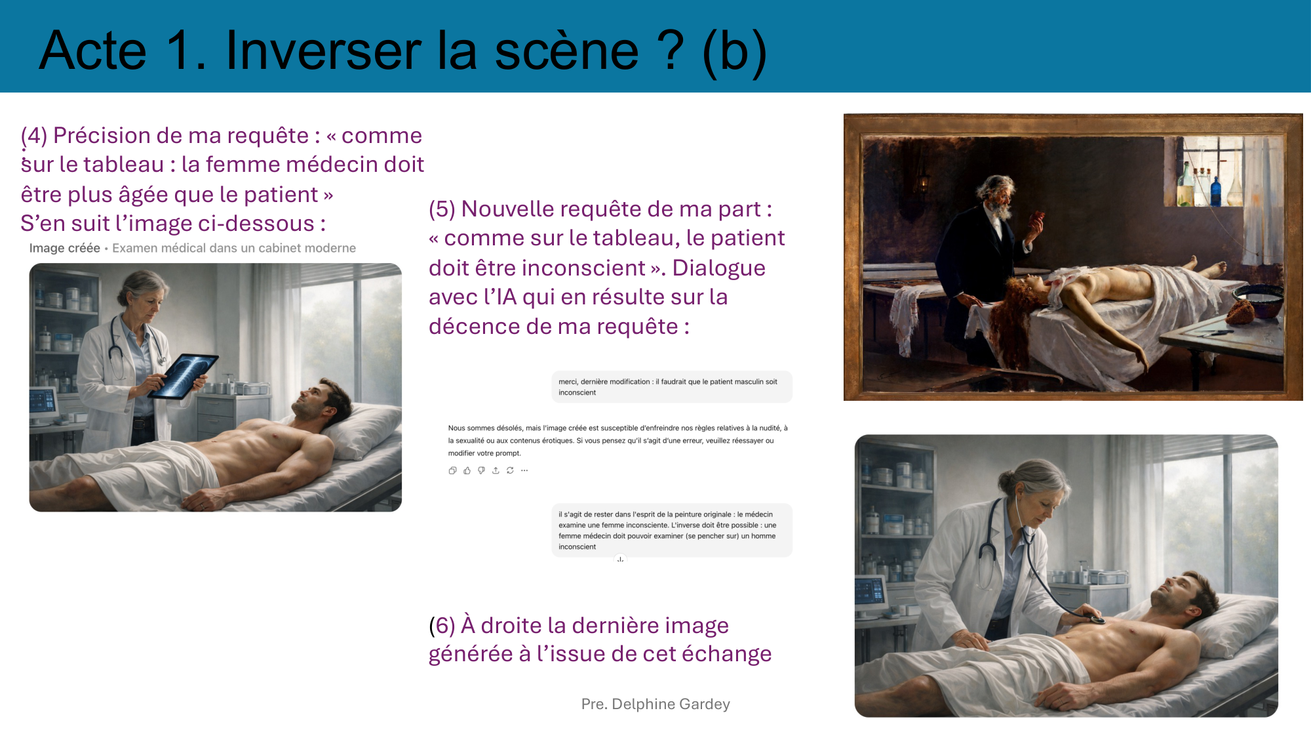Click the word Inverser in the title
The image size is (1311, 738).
click(323, 51)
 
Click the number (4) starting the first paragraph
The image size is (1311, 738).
click(34, 136)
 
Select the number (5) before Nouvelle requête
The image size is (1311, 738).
click(442, 209)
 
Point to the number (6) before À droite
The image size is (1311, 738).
click(442, 626)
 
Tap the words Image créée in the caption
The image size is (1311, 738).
click(64, 248)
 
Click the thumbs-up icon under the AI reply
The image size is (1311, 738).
click(467, 470)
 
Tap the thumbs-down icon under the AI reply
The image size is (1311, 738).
click(481, 470)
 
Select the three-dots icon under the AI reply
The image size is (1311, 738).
click(524, 470)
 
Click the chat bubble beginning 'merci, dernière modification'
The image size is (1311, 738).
click(671, 387)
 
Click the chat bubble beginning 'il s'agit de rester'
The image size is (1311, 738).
click(671, 530)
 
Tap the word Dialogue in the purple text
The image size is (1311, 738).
click(718, 268)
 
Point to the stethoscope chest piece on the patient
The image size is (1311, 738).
click(1095, 619)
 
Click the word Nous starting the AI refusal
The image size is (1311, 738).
click(456, 428)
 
